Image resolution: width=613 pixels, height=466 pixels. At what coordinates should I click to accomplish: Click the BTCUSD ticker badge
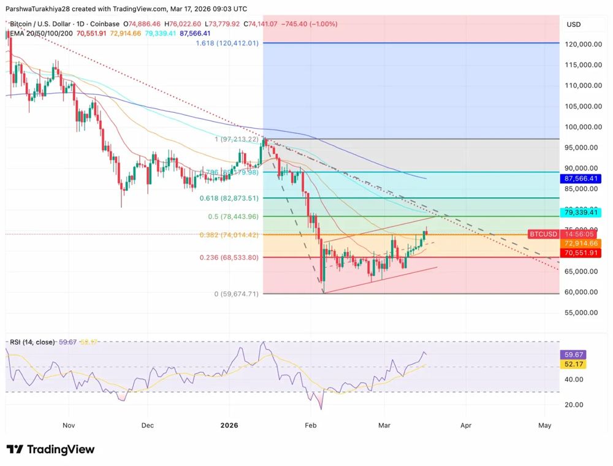[544, 234]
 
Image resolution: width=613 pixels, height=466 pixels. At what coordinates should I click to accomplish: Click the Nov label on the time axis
[68, 424]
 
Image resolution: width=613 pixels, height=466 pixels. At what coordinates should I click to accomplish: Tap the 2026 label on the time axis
[229, 424]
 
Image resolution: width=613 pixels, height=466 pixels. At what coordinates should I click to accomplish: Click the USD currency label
[574, 25]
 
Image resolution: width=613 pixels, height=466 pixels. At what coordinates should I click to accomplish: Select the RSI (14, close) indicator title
[32, 342]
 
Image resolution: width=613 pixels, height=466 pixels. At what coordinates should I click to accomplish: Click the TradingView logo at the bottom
[50, 449]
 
